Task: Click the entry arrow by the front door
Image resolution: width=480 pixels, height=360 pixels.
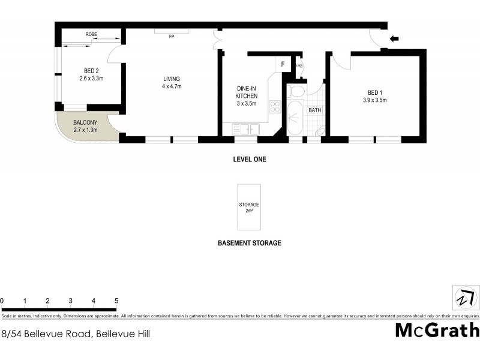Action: tap(394, 40)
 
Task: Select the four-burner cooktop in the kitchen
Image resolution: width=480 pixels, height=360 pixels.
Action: tap(275, 107)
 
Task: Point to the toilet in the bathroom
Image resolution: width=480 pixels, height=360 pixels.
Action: tap(296, 92)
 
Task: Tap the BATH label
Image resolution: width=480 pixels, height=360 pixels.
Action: tap(315, 110)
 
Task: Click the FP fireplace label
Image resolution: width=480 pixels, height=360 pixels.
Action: tap(171, 37)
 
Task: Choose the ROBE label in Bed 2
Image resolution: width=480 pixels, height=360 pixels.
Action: tap(91, 35)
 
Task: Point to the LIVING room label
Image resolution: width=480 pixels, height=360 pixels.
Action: tap(172, 79)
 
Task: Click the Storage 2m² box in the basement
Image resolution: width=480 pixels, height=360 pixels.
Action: tap(248, 208)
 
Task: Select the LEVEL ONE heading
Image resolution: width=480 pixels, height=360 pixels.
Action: tap(249, 160)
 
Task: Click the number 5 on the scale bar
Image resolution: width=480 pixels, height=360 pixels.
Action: tap(116, 301)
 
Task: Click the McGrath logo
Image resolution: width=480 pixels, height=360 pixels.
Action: tap(437, 330)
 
